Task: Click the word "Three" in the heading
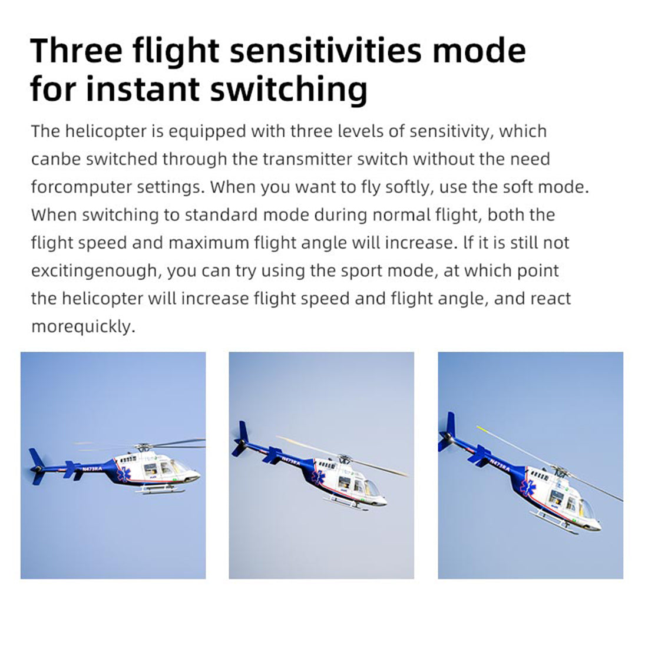coord(77,51)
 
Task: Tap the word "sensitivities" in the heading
coord(325,51)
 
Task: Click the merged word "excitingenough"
coord(95,271)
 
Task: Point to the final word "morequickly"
coord(82,326)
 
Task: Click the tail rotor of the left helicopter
coord(37,467)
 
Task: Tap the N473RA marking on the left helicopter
coord(92,469)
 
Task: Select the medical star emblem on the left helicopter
coord(124,474)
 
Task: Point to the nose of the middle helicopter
coord(382,501)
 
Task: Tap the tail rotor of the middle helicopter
coord(241,439)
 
